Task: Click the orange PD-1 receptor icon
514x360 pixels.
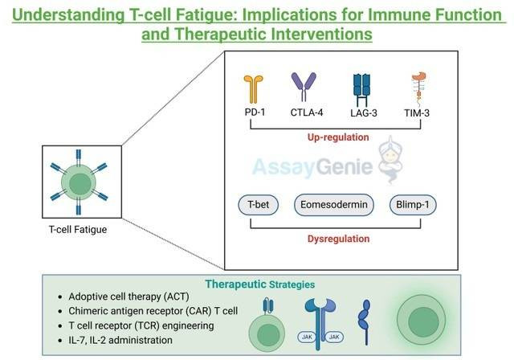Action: click(254, 89)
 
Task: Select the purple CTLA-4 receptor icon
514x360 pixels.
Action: click(304, 87)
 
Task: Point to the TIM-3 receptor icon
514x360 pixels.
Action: click(419, 88)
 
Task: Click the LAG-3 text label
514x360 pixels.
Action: click(364, 113)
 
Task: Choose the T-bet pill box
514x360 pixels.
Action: click(259, 205)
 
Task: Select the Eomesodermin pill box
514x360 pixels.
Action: click(334, 205)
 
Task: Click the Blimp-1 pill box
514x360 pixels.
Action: click(413, 205)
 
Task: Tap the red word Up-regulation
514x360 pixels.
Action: click(338, 137)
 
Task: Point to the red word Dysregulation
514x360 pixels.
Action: click(338, 239)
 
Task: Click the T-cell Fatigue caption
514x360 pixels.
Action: click(78, 230)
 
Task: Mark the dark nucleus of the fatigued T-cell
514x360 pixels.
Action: click(80, 184)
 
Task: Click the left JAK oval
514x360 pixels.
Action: click(307, 337)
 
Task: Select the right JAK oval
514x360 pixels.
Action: click(334, 337)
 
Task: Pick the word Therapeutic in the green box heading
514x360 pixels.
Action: click(235, 284)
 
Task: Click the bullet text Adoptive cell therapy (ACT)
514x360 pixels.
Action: click(128, 297)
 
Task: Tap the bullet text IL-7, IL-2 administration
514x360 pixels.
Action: click(120, 341)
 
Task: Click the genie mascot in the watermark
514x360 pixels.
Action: click(390, 160)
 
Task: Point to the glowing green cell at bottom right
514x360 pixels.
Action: click(422, 320)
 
